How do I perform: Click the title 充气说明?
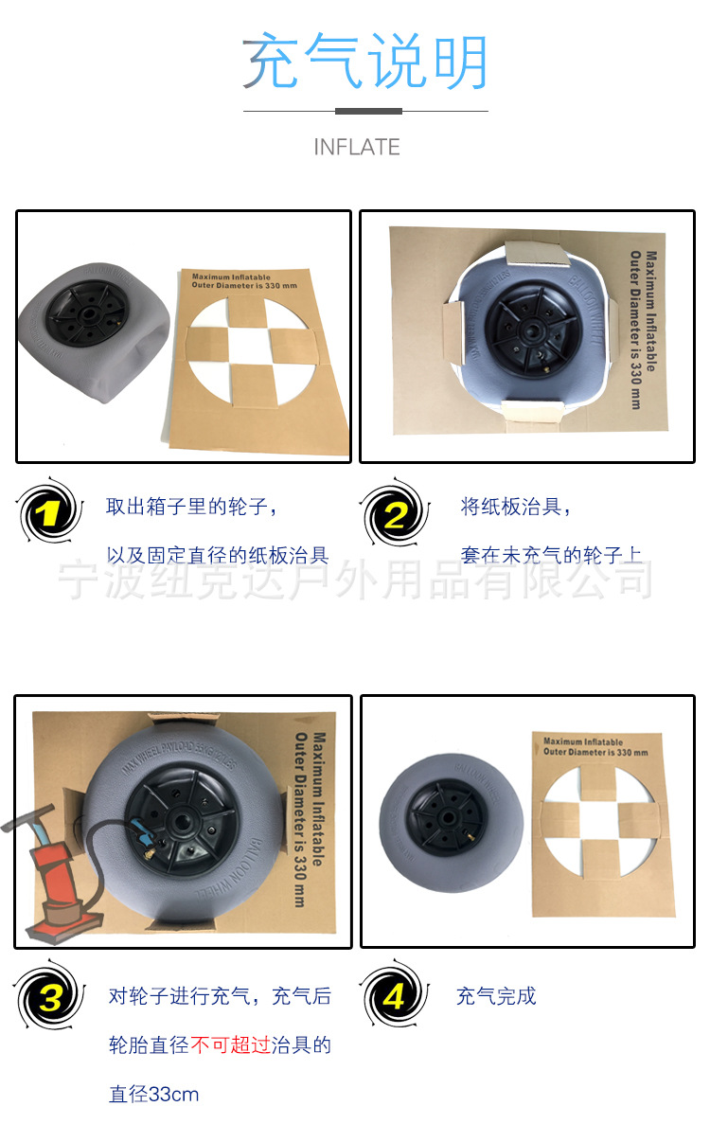pyautogui.click(x=365, y=62)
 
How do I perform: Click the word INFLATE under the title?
pyautogui.click(x=357, y=147)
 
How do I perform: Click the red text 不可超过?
pyautogui.click(x=230, y=1045)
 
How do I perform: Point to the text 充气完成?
pyautogui.click(x=496, y=996)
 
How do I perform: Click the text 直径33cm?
pyautogui.click(x=154, y=1095)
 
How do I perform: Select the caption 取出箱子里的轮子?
pyautogui.click(x=192, y=507)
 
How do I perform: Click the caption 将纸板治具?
pyautogui.click(x=516, y=507)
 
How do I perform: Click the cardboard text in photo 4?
pyautogui.click(x=595, y=747)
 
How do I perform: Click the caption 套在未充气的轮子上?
pyautogui.click(x=552, y=556)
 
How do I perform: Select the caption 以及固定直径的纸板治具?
pyautogui.click(x=218, y=556)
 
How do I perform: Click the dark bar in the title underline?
pyautogui.click(x=368, y=111)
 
